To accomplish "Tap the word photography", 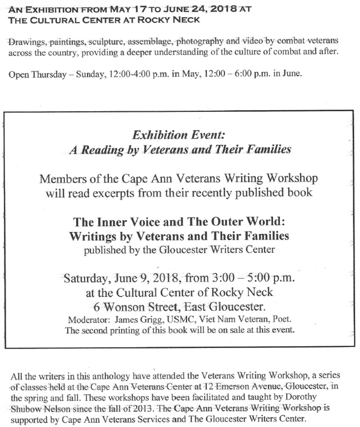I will point(201,42).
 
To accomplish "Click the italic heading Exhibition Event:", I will point(178,135).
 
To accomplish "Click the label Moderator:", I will point(89,320).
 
